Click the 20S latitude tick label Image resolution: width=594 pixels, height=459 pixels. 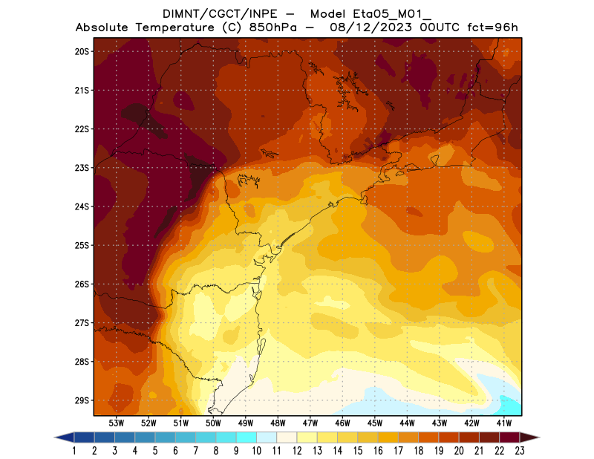pos(82,51)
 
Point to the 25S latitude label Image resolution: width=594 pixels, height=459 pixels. pos(82,245)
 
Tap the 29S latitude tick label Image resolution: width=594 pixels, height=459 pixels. pos(82,400)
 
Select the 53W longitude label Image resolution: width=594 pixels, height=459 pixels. pos(116,423)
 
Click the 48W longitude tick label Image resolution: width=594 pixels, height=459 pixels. pos(278,423)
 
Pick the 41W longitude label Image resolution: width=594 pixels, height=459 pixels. pos(504,423)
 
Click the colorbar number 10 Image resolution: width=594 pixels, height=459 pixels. pos(256,450)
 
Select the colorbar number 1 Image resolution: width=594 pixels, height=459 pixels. pos(75,450)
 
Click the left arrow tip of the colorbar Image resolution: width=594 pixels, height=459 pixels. pos(56,437)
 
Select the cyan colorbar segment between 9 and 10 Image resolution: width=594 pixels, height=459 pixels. pos(247,437)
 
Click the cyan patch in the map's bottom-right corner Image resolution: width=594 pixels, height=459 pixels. pos(510,406)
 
